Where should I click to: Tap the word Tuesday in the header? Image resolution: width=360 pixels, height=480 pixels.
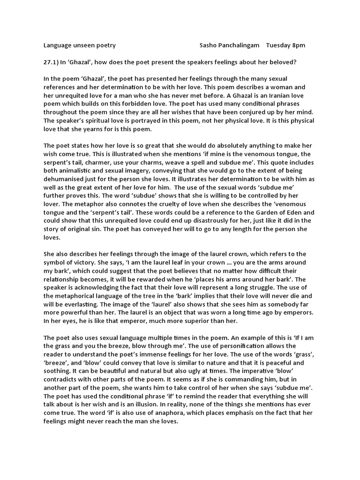pos(279,45)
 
